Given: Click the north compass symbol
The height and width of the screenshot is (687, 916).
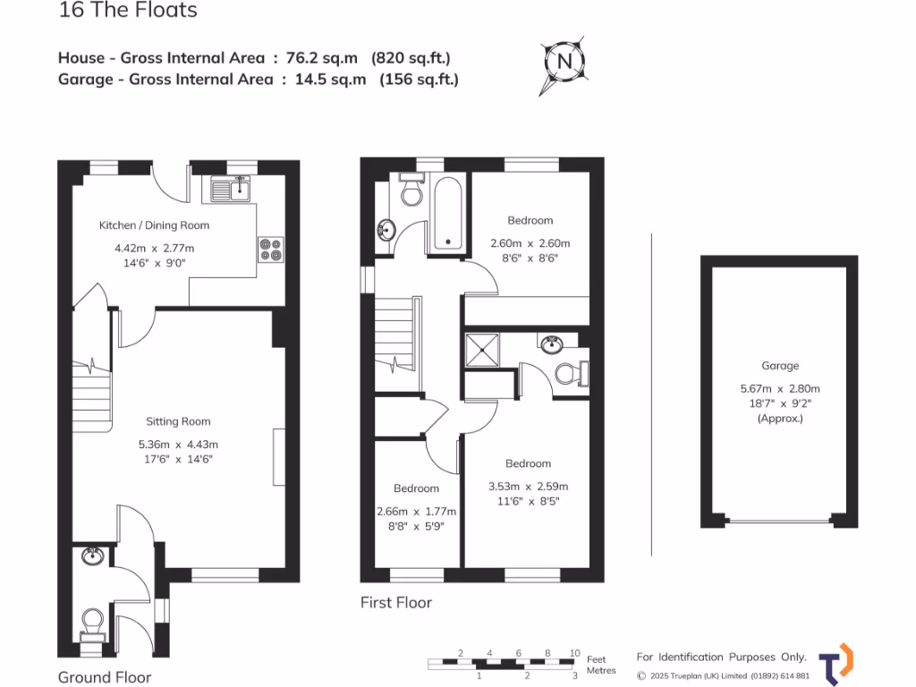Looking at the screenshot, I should [x=564, y=62].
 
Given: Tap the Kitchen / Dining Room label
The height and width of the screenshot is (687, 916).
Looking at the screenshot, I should [x=154, y=225].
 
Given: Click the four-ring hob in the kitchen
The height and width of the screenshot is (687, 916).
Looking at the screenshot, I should [x=270, y=249].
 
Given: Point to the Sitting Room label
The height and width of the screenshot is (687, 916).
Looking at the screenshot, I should [x=179, y=421].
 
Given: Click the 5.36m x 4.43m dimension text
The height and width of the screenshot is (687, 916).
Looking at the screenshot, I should [x=179, y=444].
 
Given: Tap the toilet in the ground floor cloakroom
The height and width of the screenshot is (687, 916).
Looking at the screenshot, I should [x=93, y=623].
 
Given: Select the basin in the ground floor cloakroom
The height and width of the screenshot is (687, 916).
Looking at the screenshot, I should [x=91, y=556].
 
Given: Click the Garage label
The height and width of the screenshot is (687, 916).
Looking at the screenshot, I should [x=780, y=366].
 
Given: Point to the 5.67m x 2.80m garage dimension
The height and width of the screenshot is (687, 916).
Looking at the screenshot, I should [x=780, y=388].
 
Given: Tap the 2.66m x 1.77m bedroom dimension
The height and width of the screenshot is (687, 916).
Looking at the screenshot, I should [x=417, y=511].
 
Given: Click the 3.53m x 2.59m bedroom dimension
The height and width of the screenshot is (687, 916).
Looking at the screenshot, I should [x=528, y=487].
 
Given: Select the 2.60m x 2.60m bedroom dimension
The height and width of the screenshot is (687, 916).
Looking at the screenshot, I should [x=530, y=243].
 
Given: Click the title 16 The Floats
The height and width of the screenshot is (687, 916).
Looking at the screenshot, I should [x=128, y=12].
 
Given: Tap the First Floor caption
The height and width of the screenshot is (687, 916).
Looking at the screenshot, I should [x=396, y=602].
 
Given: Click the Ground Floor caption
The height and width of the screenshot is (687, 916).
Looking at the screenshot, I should [x=105, y=677].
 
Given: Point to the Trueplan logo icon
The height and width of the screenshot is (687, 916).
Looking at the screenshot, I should [x=835, y=664].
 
